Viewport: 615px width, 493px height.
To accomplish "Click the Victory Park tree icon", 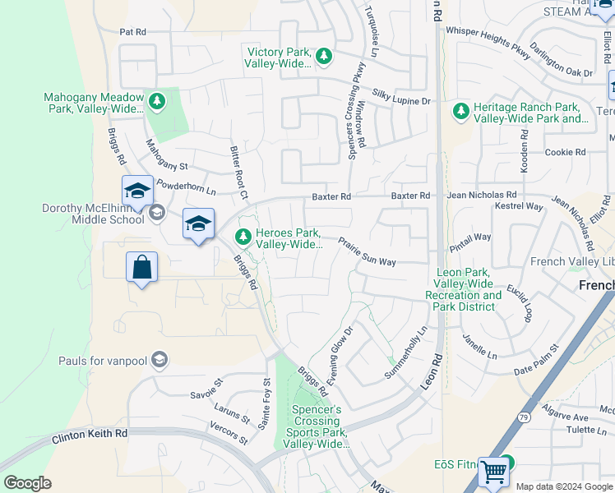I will (x=325, y=56).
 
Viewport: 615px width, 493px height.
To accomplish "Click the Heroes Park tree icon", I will (x=243, y=237).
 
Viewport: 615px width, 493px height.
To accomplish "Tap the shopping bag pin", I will (x=141, y=267).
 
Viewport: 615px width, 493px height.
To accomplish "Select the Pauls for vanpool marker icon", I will (x=160, y=360).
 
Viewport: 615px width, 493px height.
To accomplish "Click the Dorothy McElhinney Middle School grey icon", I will (x=155, y=214).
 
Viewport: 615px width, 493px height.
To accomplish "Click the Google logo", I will (x=27, y=482).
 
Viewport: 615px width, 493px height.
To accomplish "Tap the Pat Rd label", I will (x=132, y=32).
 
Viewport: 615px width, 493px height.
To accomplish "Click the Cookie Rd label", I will (x=566, y=152).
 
